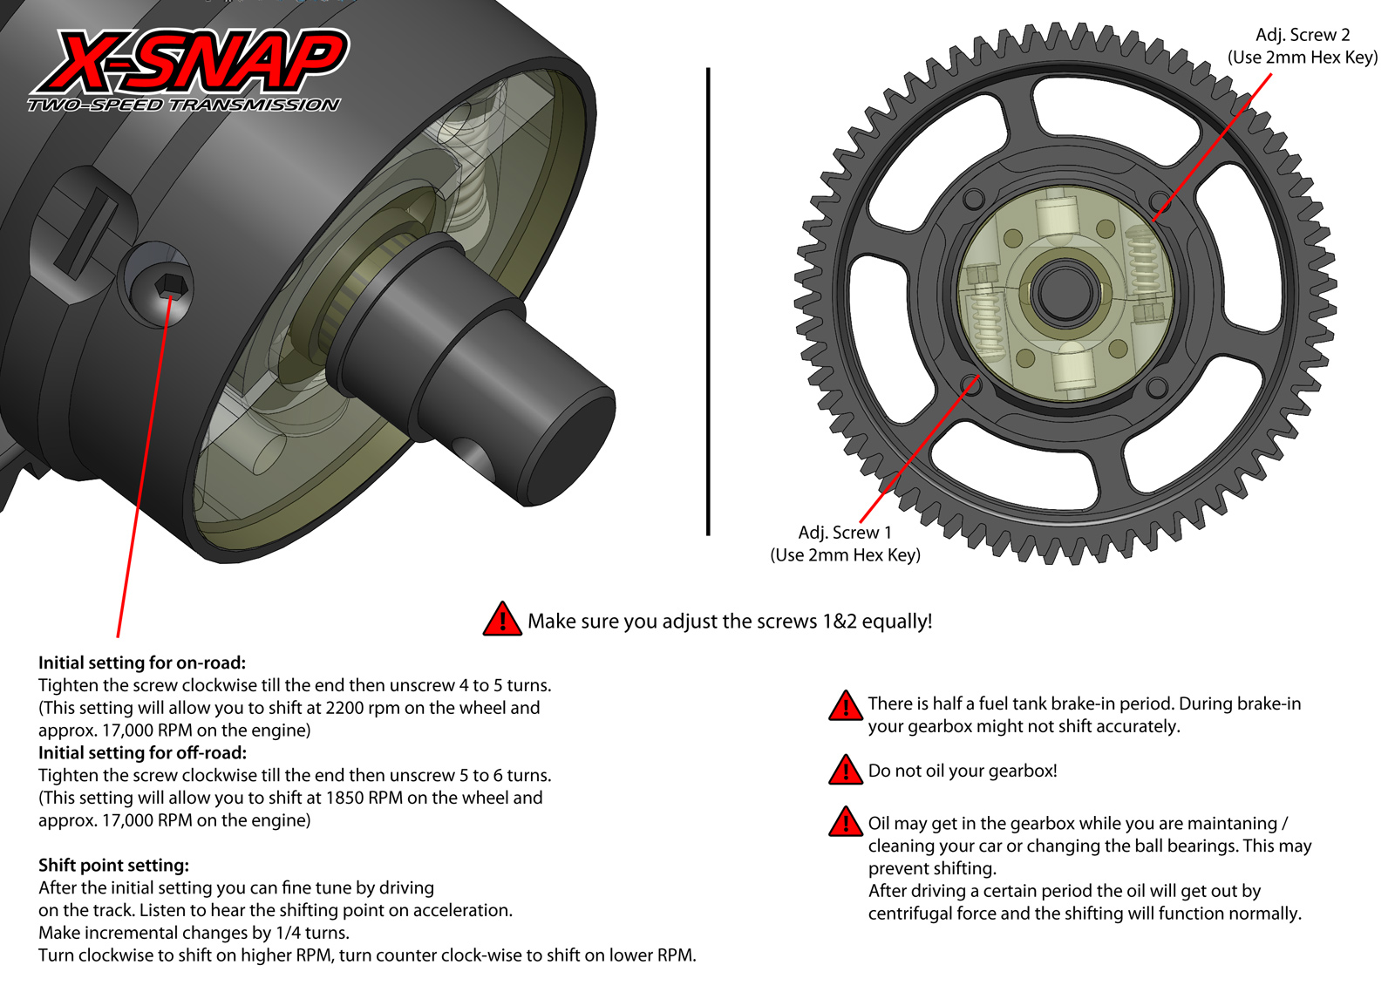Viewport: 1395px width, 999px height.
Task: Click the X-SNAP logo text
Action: point(190,61)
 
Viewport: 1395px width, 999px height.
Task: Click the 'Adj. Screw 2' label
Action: point(1302,35)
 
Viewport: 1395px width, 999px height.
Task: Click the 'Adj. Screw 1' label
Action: point(844,533)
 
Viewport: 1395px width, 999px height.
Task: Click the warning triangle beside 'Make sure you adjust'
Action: point(501,620)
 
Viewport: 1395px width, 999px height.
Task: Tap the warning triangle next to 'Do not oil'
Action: point(845,771)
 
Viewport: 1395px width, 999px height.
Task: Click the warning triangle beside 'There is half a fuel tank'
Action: point(845,706)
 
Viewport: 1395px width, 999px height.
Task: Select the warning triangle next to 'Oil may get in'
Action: point(845,822)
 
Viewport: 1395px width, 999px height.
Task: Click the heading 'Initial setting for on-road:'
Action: point(142,663)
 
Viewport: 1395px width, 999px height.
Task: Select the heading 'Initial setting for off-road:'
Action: point(142,752)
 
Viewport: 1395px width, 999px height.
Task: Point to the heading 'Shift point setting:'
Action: point(113,865)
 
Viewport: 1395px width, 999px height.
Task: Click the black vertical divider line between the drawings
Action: point(708,301)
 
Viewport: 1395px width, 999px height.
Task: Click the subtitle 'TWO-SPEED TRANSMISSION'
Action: point(183,105)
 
